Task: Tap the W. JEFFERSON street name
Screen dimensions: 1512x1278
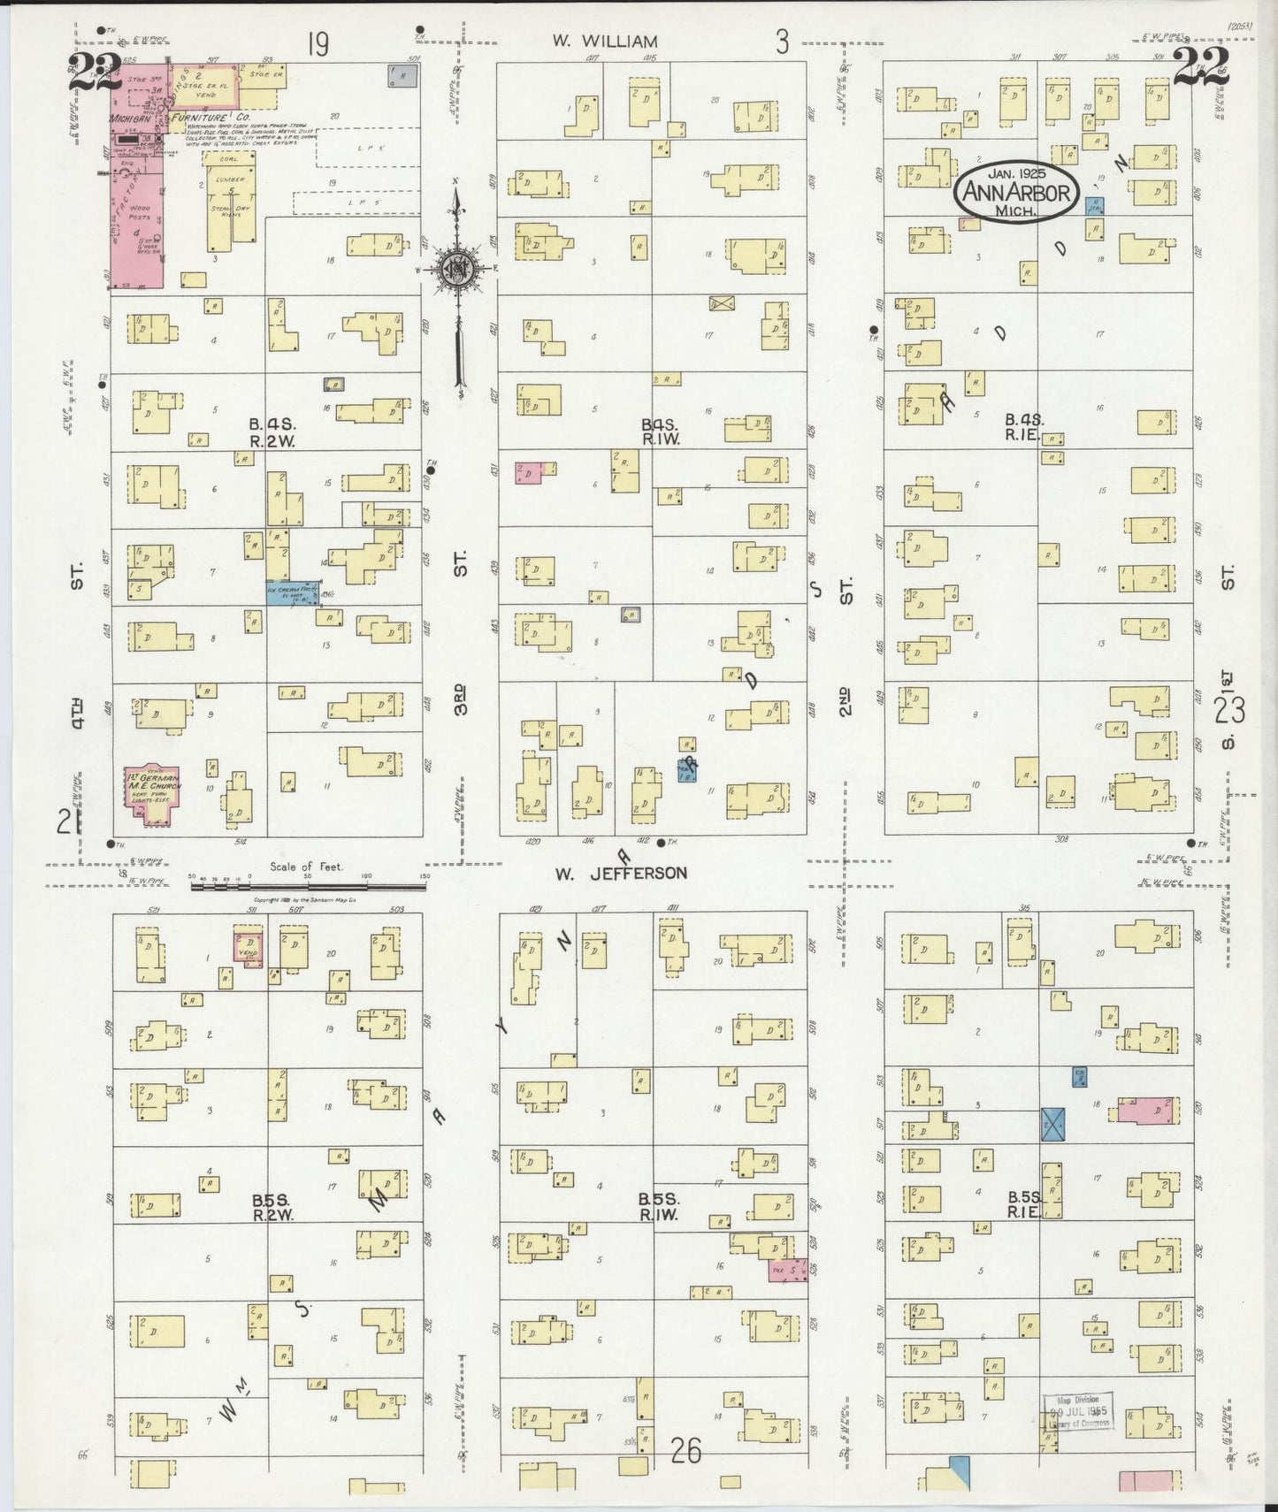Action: tap(621, 874)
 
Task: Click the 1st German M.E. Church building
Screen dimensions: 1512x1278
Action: tap(151, 793)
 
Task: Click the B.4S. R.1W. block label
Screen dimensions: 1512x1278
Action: tap(661, 431)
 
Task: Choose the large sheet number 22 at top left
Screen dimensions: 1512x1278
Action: tap(95, 71)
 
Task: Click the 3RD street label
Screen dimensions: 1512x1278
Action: tap(460, 699)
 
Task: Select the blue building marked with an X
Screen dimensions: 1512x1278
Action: tap(1052, 1124)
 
